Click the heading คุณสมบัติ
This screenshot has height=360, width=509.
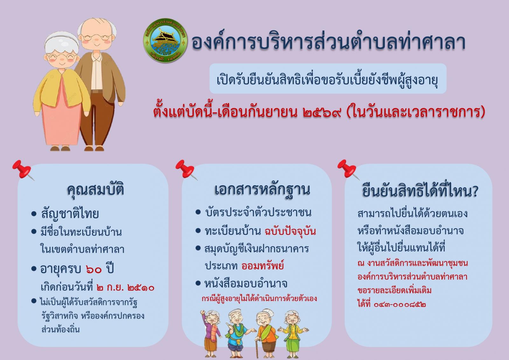(x=95, y=190)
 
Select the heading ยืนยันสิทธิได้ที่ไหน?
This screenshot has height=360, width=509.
(x=420, y=191)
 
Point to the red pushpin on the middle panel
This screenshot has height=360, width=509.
(x=186, y=169)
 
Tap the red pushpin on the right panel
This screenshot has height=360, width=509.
(x=348, y=169)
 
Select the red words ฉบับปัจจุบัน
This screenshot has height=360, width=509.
(x=290, y=231)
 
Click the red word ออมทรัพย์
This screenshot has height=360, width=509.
(x=262, y=265)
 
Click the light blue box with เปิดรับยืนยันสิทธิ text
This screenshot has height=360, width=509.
(x=328, y=79)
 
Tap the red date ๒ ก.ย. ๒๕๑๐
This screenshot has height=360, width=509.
(x=125, y=288)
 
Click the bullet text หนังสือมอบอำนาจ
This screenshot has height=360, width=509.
(x=246, y=283)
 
